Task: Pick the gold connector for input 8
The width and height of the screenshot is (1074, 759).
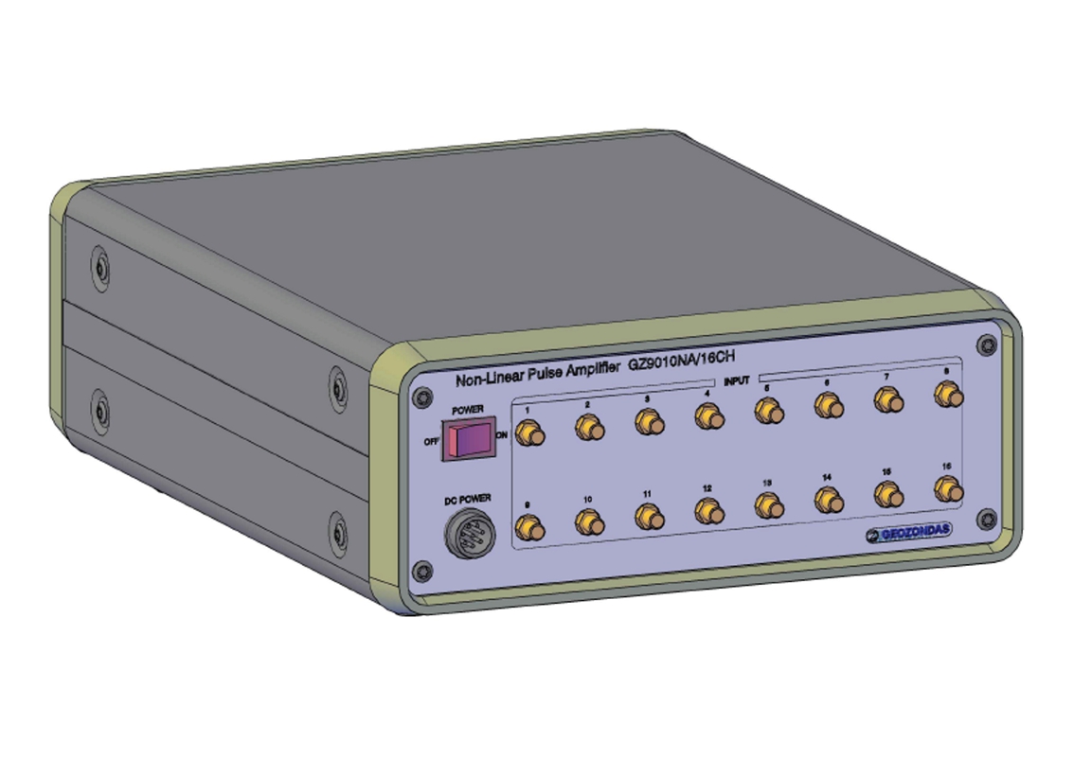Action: [x=944, y=394]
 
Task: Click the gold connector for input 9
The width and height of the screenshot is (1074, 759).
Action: [x=528, y=529]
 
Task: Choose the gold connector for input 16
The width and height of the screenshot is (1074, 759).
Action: [x=944, y=489]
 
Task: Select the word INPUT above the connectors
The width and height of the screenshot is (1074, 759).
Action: [x=737, y=380]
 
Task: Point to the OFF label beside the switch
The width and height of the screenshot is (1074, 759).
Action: [x=431, y=440]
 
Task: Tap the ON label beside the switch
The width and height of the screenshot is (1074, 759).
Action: [x=502, y=435]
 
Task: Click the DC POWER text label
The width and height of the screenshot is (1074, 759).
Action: [x=468, y=499]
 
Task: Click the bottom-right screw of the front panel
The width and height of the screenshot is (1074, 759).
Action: [x=987, y=518]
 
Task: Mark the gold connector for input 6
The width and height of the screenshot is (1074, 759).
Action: [x=829, y=405]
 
